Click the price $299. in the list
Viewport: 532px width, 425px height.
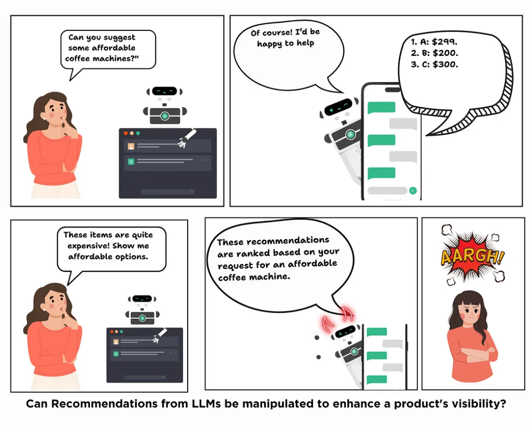click(x=444, y=42)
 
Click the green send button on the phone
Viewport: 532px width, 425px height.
click(x=413, y=190)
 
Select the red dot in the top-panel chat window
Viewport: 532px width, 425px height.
click(x=126, y=133)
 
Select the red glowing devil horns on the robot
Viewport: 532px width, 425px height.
click(x=340, y=316)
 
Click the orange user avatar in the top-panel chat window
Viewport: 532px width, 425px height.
click(x=131, y=146)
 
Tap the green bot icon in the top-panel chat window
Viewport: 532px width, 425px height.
click(x=131, y=161)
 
